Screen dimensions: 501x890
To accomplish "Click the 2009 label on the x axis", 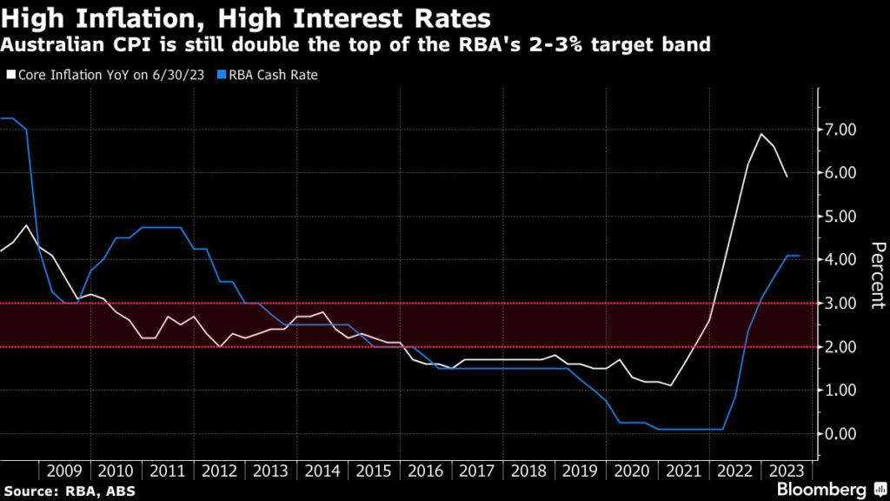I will (65, 471).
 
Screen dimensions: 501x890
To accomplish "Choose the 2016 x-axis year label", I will (425, 471).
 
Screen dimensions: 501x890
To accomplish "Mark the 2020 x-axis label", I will (631, 471).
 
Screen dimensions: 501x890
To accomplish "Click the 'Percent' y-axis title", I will (876, 274).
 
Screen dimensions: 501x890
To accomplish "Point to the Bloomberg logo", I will (822, 488).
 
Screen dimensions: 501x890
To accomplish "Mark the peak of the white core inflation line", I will (761, 133).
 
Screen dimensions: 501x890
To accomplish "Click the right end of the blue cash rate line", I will (799, 256).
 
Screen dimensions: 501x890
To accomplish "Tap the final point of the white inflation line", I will (787, 177).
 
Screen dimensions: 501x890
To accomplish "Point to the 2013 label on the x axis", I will (271, 471).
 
